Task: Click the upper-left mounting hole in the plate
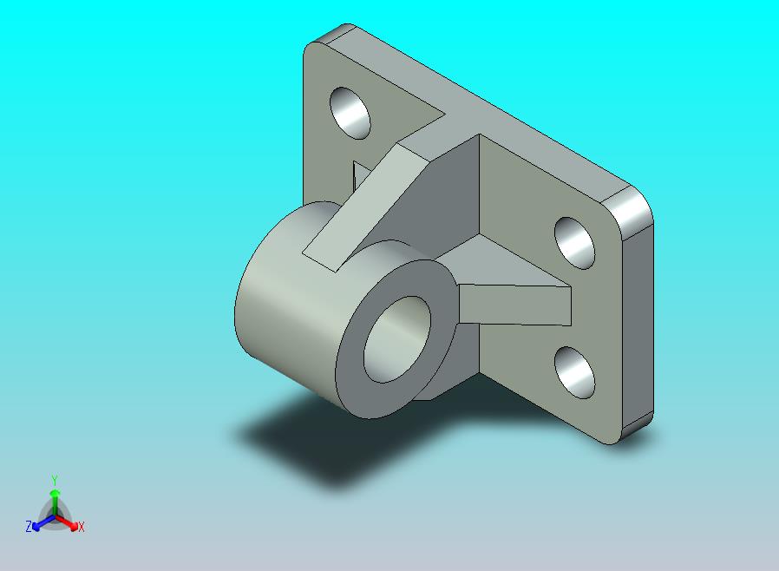tap(350, 114)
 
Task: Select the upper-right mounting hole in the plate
tap(574, 243)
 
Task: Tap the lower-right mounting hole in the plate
tap(574, 373)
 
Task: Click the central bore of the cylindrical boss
tap(397, 339)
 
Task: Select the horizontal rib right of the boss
tap(514, 305)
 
